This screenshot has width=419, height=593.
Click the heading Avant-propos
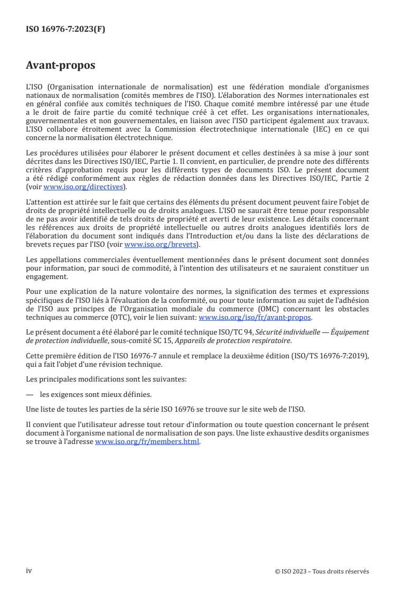coord(61,66)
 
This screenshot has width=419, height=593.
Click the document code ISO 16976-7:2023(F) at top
coord(66,30)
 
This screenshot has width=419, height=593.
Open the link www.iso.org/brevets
coord(158,245)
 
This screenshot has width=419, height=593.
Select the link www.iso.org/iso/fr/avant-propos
coord(255,318)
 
